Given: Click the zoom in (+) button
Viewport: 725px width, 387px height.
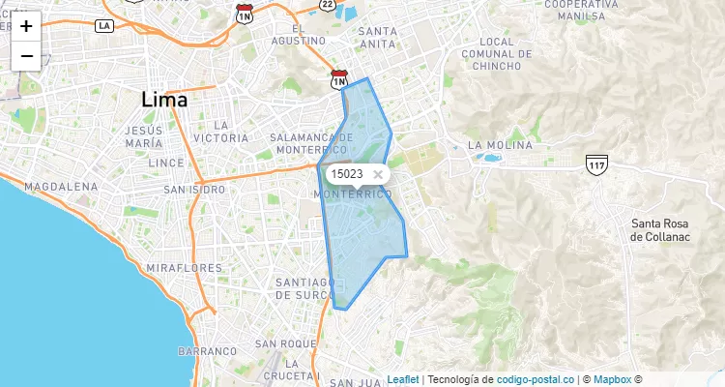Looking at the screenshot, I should tap(26, 26).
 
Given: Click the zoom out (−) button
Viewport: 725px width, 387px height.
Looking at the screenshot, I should tap(26, 56).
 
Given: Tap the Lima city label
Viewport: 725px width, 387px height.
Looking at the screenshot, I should tap(164, 99).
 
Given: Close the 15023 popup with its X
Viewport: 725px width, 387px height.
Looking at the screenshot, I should tap(378, 174).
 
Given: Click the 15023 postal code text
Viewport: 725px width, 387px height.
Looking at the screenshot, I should tap(346, 174).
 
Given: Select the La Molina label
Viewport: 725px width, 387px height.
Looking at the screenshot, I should tap(500, 145).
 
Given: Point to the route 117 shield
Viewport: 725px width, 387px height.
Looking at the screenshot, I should tap(595, 164).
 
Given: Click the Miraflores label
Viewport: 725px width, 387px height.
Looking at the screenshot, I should tap(184, 267).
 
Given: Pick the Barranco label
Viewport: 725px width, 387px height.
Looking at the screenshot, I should tap(207, 351).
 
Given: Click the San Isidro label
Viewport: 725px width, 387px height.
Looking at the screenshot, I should tap(194, 190).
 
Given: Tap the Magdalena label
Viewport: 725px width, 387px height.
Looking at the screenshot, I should tap(59, 185).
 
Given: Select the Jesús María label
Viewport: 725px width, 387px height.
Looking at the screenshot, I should tap(144, 136).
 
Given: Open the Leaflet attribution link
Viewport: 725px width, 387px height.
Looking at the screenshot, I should tap(403, 379).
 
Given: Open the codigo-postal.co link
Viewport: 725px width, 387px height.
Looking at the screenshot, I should tap(536, 379).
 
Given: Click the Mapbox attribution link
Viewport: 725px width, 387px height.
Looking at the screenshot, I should tap(612, 379).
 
